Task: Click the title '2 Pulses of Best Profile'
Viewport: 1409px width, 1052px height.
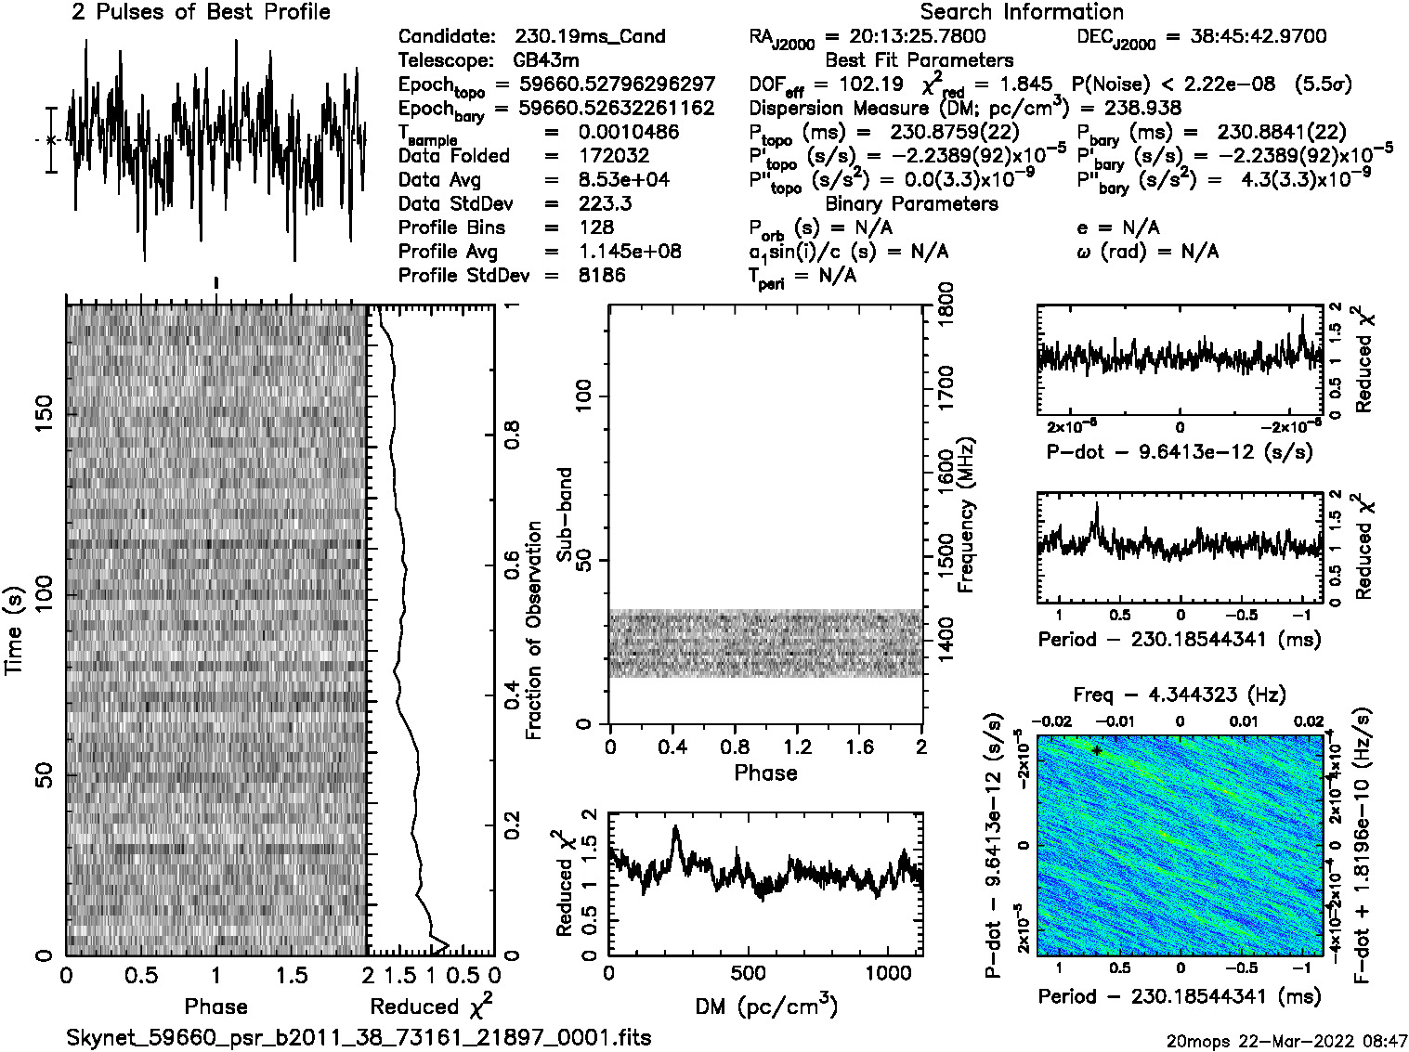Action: coord(201,13)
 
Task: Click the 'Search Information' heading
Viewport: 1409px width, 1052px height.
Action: coord(1022,13)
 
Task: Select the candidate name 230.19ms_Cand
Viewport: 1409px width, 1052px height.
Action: coord(590,37)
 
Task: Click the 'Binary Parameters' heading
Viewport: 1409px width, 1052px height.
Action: coord(911,204)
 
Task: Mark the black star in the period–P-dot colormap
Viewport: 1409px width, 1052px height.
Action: coord(1097,750)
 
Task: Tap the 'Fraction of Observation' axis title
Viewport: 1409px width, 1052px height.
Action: coord(534,630)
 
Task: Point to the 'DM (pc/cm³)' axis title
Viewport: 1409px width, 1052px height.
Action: coord(765,1007)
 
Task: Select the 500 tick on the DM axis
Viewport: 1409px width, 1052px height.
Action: coord(749,974)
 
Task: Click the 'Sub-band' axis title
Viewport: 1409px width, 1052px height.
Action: coord(565,514)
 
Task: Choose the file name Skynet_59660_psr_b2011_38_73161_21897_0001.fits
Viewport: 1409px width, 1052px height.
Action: coord(359,1037)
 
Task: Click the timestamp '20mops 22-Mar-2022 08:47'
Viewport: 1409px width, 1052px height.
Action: coord(1287,1040)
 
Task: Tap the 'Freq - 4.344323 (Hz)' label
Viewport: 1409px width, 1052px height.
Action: coord(1180,695)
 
